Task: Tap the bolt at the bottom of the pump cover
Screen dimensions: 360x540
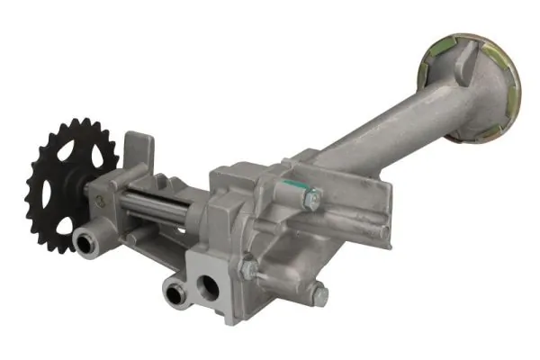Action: click(x=317, y=291)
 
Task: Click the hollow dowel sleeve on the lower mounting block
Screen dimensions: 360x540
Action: click(x=172, y=292)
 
